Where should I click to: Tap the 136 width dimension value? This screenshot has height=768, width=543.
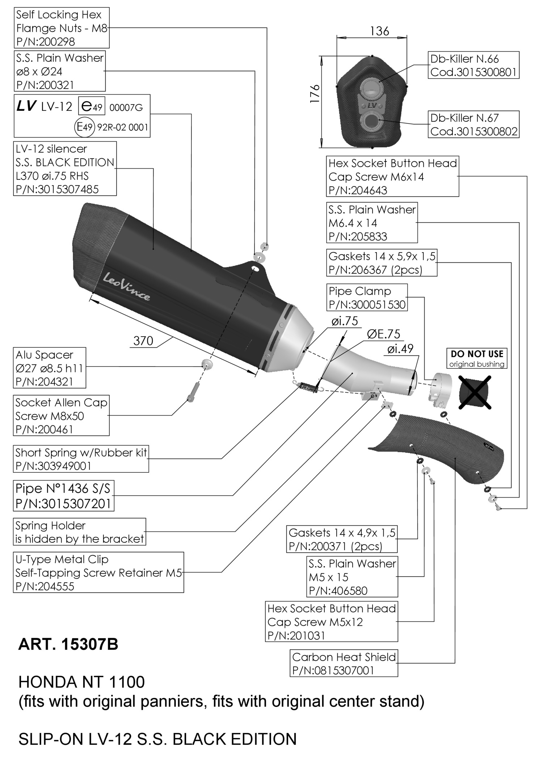coord(379,31)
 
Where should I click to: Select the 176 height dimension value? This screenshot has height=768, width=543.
coord(315,94)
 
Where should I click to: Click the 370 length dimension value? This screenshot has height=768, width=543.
coord(143,341)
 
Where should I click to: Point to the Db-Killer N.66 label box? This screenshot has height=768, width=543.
coord(473,65)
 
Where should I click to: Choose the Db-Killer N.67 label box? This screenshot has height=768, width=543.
coord(473,124)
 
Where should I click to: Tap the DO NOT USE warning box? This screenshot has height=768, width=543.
coord(477,358)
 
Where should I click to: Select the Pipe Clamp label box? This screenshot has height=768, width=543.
coord(367,297)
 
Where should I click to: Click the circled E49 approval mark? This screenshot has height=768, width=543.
coord(85,127)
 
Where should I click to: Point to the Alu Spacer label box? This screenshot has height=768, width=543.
coord(50,368)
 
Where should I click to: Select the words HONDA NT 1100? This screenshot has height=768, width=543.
coord(81,682)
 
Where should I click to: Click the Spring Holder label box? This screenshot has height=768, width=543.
coord(80,532)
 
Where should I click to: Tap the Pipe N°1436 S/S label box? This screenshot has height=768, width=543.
coord(63,496)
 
